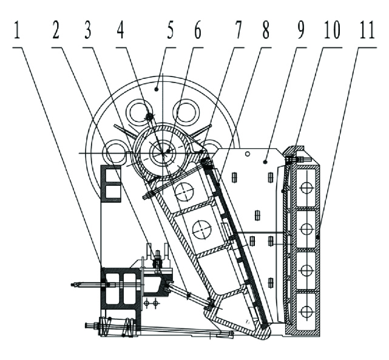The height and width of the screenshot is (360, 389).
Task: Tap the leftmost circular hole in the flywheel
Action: click(113, 152)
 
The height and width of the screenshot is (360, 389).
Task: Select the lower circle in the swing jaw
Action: click(202, 229)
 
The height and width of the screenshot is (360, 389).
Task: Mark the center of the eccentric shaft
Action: click(161, 152)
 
